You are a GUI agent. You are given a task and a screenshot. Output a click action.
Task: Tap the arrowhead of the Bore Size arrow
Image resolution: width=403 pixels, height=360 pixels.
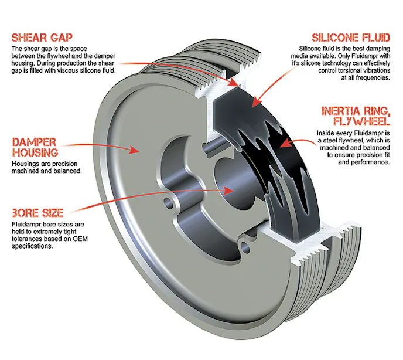tap(231, 189)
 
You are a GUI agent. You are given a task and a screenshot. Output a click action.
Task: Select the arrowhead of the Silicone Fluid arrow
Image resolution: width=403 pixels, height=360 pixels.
tap(254, 105)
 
